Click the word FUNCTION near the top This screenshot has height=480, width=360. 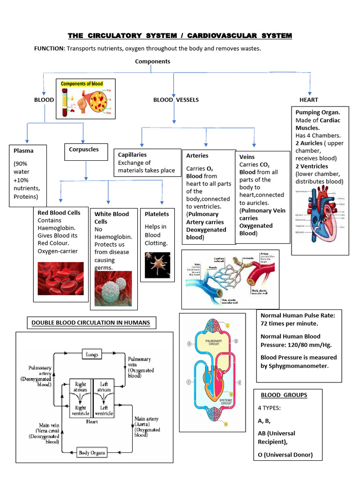coord(49,49)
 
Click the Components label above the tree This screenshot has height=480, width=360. coord(152,61)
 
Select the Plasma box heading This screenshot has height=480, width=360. coord(23,151)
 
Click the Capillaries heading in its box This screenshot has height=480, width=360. coord(132,155)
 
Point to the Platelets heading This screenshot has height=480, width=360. coord(157,214)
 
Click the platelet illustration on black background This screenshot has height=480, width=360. coord(157,265)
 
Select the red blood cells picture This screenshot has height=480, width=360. coord(60,278)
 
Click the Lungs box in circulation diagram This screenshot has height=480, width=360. coord(92,354)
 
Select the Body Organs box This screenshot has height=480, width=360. coord(91,453)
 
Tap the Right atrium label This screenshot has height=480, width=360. coord(81,386)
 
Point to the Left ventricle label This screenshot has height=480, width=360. coord(104,411)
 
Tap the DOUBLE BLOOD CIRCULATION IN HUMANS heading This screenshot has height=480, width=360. coord(90,322)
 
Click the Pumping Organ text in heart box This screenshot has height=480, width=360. coord(317,112)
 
